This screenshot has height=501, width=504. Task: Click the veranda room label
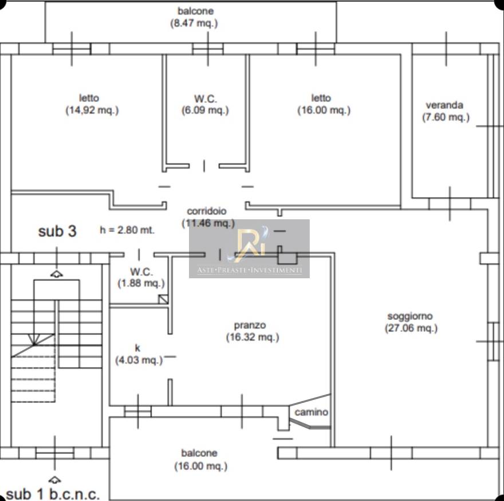click(444, 105)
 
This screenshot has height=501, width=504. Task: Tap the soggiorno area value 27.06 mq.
click(411, 329)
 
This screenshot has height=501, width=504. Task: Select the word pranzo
click(250, 326)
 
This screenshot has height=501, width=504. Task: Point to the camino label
click(311, 412)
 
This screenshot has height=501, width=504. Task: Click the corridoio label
click(207, 211)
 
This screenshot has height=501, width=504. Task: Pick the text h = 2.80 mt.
click(127, 230)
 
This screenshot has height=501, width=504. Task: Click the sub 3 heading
click(57, 231)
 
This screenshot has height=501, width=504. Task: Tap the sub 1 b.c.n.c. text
click(53, 494)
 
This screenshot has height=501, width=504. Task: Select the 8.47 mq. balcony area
click(194, 23)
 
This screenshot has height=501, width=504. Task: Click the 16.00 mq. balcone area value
click(201, 466)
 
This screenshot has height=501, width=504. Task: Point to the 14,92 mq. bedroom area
click(92, 111)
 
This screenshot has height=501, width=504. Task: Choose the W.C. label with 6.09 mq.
click(206, 98)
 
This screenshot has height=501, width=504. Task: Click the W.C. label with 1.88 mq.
click(141, 272)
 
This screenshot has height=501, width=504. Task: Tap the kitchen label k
click(137, 348)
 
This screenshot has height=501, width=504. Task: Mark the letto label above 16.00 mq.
click(321, 98)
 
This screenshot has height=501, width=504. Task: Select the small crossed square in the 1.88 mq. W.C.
click(163, 299)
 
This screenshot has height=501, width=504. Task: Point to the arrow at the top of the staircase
click(57, 274)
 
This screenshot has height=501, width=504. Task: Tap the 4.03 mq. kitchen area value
click(139, 360)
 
